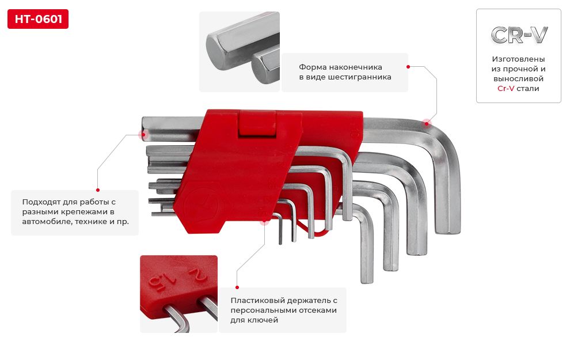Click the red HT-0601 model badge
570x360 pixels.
38,19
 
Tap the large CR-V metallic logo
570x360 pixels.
519,35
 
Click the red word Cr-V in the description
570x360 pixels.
506,88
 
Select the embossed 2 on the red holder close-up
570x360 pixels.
197,275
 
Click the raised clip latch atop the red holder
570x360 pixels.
257,124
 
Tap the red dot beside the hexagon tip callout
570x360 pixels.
408,67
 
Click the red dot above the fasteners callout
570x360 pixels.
98,190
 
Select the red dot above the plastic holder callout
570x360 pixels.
237,287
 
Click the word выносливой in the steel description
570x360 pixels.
518,78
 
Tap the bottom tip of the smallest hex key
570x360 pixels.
280,242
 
